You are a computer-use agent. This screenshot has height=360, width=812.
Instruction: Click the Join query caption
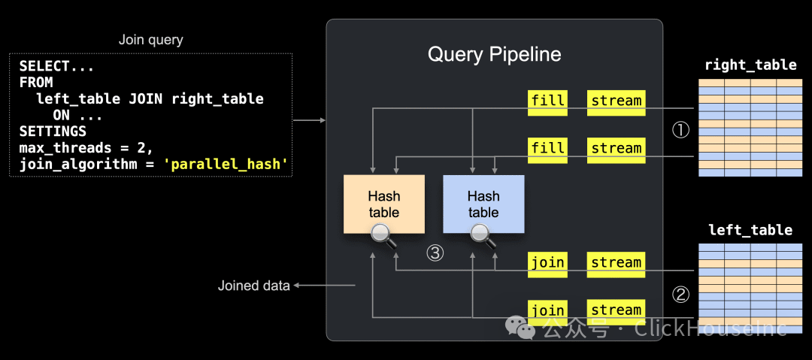pyautogui.click(x=150, y=40)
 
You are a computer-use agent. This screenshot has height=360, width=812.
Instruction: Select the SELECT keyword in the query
pyautogui.click(x=44, y=66)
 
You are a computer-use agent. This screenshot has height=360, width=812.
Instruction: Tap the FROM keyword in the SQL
pyautogui.click(x=36, y=83)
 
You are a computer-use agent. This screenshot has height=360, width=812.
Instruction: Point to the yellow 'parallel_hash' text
pyautogui.click(x=226, y=164)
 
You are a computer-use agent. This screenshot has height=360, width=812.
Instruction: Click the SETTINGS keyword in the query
pyautogui.click(x=53, y=132)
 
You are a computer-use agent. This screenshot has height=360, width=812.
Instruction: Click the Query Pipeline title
pyautogui.click(x=494, y=54)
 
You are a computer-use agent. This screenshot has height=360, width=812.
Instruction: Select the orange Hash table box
pyautogui.click(x=384, y=204)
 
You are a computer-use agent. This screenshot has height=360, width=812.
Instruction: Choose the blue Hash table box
pyautogui.click(x=483, y=204)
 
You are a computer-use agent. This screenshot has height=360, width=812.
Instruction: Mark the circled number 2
pyautogui.click(x=680, y=295)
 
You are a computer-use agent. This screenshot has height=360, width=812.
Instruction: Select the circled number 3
pyautogui.click(x=435, y=253)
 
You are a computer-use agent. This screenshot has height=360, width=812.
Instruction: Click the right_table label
pyautogui.click(x=750, y=65)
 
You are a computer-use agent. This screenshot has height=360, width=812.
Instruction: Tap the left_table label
pyautogui.click(x=750, y=229)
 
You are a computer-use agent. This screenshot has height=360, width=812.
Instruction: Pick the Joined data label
pyautogui.click(x=254, y=286)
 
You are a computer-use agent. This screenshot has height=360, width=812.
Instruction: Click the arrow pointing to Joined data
pyautogui.click(x=324, y=285)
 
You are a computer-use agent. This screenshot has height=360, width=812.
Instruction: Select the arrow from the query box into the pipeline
pyautogui.click(x=310, y=121)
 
